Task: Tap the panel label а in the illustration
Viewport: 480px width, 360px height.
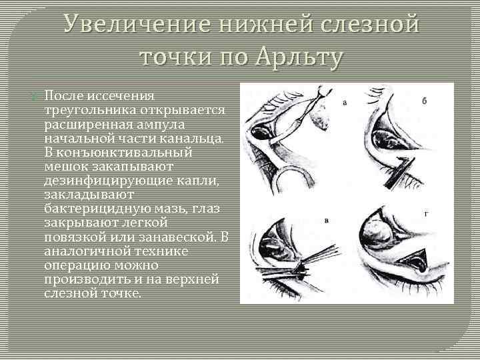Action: point(345,103)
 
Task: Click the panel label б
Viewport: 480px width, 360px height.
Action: point(424,101)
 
